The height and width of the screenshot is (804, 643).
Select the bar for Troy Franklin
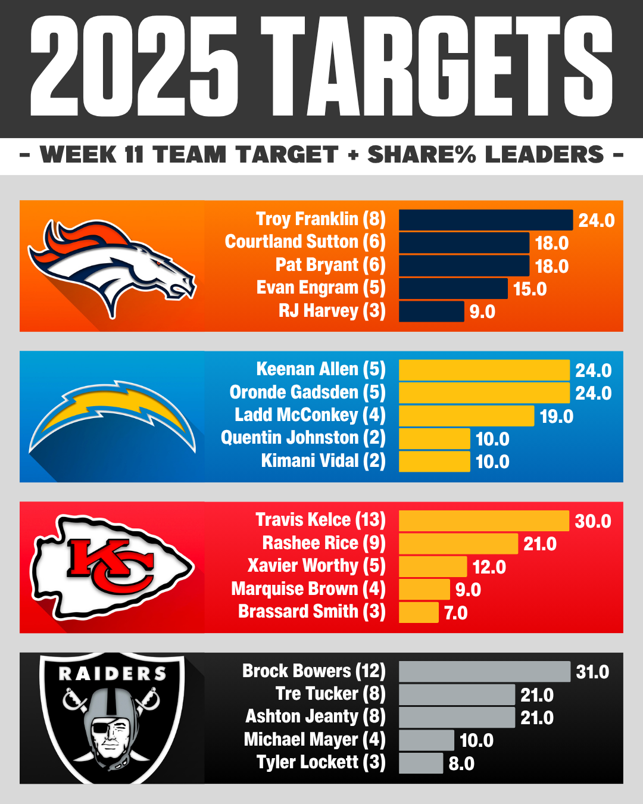tap(485, 220)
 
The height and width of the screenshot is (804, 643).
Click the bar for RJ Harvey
tap(431, 311)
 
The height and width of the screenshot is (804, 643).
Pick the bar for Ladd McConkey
tap(466, 416)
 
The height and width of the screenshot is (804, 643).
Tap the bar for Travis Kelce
tap(483, 521)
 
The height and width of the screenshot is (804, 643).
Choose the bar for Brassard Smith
tap(419, 613)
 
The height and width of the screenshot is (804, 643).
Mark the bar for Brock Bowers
tap(484, 672)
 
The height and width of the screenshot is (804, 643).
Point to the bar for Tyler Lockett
tap(421, 764)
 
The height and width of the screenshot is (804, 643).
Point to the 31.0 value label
tap(592, 672)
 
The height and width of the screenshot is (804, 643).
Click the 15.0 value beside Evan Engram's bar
tap(530, 289)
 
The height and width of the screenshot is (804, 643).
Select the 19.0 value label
tap(556, 416)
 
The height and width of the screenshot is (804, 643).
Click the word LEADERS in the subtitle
tap(545, 155)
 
